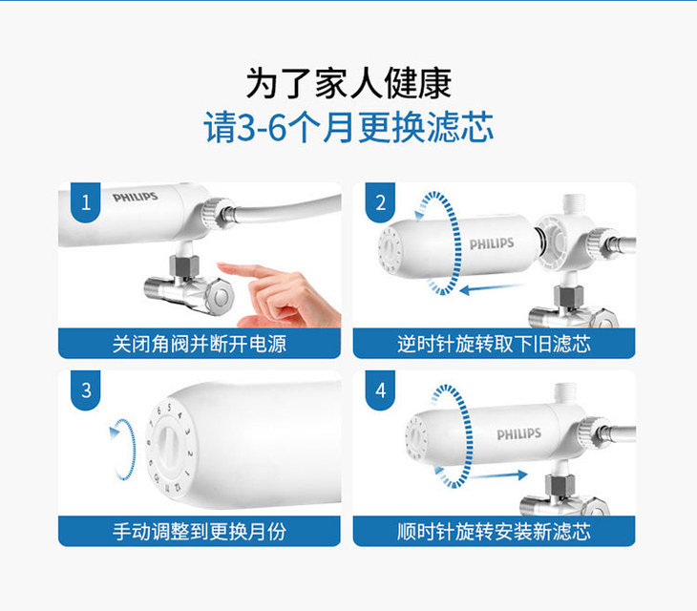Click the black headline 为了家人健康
pos(348,84)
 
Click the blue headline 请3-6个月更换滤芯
pos(348,128)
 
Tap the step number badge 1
pos(86,202)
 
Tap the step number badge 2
pos(381,202)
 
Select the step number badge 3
pos(86,390)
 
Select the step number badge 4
pos(381,390)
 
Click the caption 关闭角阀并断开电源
pos(200,344)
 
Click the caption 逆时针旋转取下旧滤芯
pos(494,344)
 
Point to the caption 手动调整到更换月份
pos(200,532)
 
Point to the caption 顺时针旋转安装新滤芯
pos(494,532)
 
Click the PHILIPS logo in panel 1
pos(136,197)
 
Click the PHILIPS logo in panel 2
pos(492,243)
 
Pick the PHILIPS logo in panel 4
pos(518,433)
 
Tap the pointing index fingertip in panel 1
pos(221,265)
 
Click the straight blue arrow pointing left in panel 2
pos(491,289)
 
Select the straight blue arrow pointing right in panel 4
pos(498,475)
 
